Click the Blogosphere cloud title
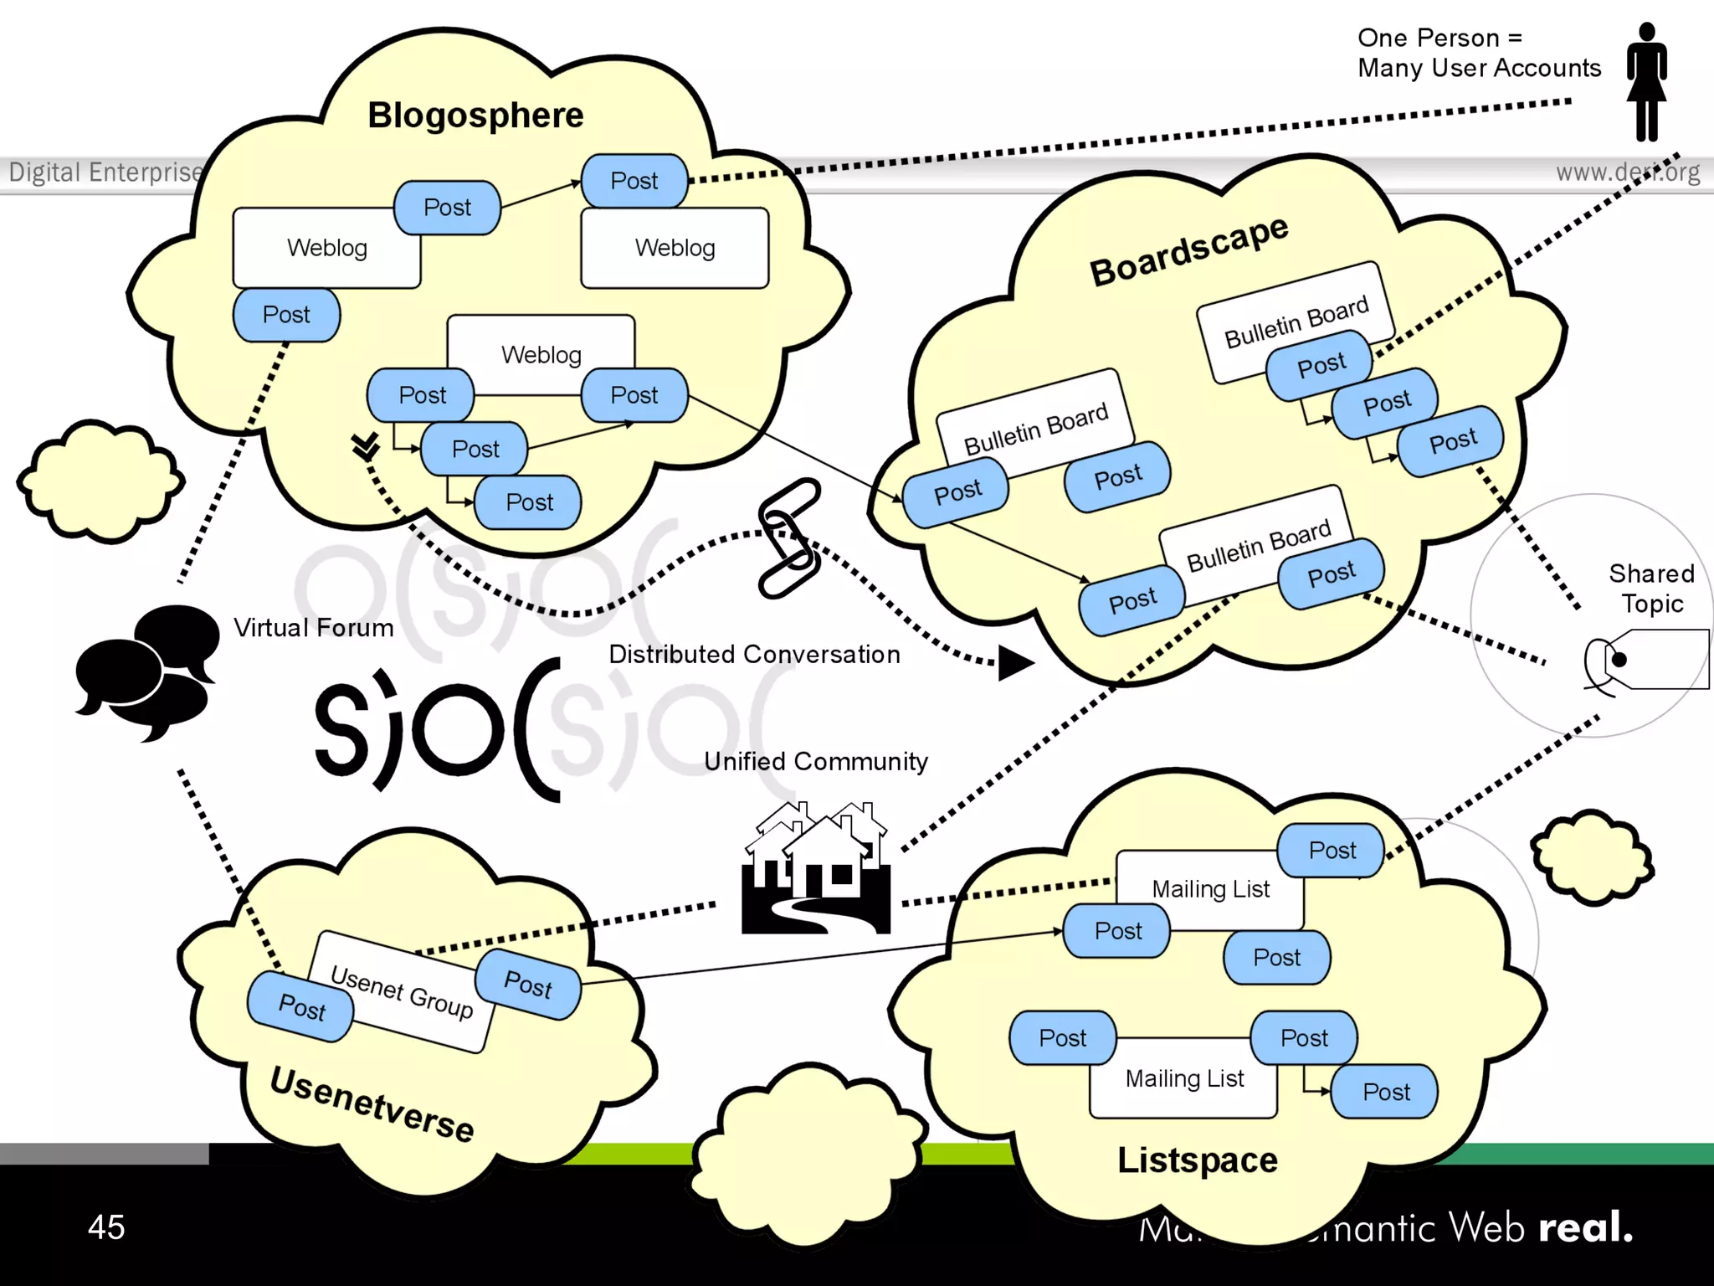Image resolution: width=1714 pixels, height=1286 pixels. click(x=475, y=115)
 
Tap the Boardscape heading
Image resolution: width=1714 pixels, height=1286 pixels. click(x=1188, y=249)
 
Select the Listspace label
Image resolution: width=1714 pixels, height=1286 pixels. click(x=1197, y=1160)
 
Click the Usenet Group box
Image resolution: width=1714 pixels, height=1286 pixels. click(x=400, y=991)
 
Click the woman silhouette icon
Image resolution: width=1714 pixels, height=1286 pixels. click(x=1646, y=81)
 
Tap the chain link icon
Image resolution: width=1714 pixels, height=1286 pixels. click(x=789, y=538)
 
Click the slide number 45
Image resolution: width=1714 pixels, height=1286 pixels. click(x=106, y=1227)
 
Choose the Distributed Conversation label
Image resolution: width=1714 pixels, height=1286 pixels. click(x=754, y=654)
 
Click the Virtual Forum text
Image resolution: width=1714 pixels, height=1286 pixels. click(x=313, y=628)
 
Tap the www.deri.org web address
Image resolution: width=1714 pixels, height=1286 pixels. click(x=1628, y=172)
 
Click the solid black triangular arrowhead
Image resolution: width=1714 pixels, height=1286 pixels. click(x=1014, y=663)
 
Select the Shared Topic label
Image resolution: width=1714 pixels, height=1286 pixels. click(x=1651, y=589)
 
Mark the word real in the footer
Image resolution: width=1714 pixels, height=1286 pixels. click(x=1585, y=1227)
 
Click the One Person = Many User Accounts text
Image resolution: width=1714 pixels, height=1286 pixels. click(x=1479, y=53)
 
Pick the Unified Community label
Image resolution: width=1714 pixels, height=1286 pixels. click(x=815, y=761)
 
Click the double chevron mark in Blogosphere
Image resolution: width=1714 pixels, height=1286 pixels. click(x=366, y=446)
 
